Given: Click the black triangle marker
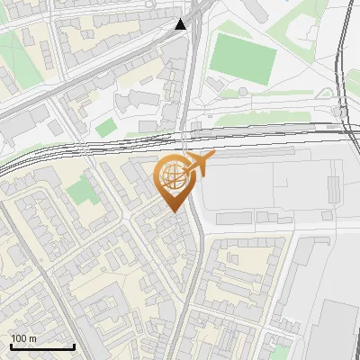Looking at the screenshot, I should [x=182, y=24].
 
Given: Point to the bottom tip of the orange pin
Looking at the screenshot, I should [x=174, y=211].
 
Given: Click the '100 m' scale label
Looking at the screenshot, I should [x=24, y=337].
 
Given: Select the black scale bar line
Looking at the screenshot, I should [x=42, y=346].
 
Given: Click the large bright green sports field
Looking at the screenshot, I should [x=243, y=56].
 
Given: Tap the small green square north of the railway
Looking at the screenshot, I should [x=106, y=127].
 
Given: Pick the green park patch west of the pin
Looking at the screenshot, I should [x=82, y=190].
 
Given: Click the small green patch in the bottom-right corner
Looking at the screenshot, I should [x=282, y=350].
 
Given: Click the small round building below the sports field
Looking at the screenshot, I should [x=241, y=91].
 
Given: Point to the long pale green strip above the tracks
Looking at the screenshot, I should [x=261, y=118].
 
